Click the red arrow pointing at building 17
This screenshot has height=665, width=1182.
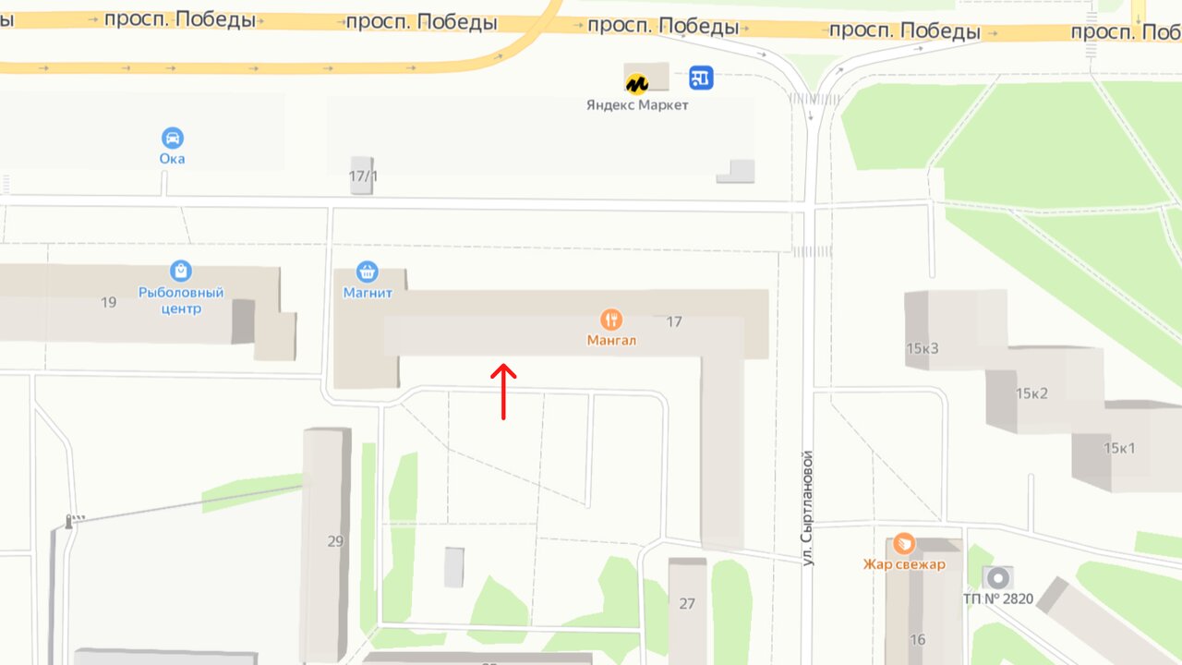coord(503,391)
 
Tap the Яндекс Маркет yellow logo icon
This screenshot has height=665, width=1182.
coord(636,84)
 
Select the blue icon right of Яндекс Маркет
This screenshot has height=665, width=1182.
coord(702,79)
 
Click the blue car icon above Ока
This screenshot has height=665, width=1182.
coord(172,139)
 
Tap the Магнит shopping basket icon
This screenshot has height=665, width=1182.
coord(368,272)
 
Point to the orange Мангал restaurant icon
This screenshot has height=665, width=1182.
coord(610,320)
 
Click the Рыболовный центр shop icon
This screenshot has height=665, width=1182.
coord(181,272)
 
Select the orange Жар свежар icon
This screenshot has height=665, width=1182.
coord(904,543)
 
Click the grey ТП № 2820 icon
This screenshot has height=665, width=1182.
coord(997,578)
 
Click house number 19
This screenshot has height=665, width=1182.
coord(108,302)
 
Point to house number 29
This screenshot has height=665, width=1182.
coord(335,541)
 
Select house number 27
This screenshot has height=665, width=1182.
coord(687,604)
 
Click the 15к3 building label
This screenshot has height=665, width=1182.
coord(922,348)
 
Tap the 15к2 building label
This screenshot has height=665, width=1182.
coord(1031,393)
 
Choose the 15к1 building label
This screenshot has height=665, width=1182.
coord(1119,449)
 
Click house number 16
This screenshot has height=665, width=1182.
coord(917,640)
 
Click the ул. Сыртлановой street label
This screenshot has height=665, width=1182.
coord(807,508)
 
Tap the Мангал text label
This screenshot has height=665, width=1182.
coord(611,341)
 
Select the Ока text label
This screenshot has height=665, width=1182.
coord(172,159)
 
